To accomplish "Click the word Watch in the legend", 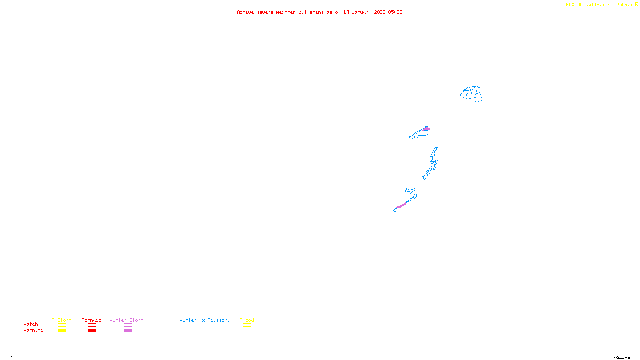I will click(31, 324).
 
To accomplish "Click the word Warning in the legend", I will click(34, 330).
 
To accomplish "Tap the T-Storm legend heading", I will click(62, 320).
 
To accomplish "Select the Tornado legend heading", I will click(92, 320).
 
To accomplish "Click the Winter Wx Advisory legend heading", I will click(205, 320).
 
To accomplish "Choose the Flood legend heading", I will click(247, 320).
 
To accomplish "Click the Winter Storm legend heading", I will click(126, 320).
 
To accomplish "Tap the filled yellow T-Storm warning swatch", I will click(62, 331).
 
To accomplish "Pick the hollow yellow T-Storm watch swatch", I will click(62, 325).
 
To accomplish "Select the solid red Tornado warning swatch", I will click(92, 331).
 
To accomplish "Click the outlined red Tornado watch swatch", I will click(92, 325).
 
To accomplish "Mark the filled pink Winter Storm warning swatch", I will click(128, 331).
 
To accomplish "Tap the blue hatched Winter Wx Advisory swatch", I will click(204, 331).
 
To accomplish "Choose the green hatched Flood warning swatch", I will click(247, 331).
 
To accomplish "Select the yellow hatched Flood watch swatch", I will click(247, 325).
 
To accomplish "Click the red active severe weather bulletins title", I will click(319, 12).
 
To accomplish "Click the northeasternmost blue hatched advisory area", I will click(472, 94).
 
